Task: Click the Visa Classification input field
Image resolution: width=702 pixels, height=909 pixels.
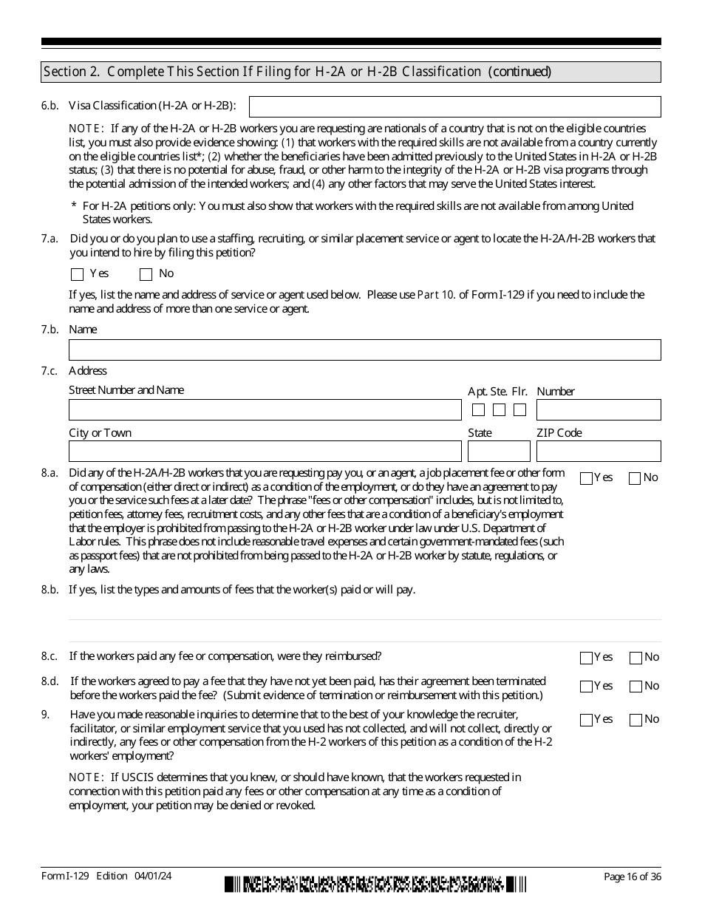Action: [454, 106]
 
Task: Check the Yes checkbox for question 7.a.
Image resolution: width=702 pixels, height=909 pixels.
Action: [78, 274]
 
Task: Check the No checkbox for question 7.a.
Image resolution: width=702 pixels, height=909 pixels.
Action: [146, 274]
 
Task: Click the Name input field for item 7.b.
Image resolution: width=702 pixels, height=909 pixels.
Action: [364, 350]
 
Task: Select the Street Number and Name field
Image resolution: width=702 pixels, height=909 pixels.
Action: [265, 410]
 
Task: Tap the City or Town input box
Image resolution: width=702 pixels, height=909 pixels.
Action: [265, 451]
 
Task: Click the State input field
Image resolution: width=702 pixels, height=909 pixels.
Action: [499, 451]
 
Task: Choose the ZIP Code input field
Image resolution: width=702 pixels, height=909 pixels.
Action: [599, 451]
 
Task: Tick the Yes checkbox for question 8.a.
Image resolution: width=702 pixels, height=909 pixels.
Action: [587, 478]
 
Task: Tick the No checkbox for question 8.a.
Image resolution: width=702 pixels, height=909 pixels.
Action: [635, 478]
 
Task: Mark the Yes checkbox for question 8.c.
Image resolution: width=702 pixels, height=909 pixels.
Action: [587, 658]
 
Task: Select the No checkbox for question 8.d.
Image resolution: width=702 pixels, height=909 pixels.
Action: [635, 687]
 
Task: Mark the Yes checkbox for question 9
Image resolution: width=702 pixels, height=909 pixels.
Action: [587, 720]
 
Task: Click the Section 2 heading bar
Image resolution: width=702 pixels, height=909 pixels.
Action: [351, 72]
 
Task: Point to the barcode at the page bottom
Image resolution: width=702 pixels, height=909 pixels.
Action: [376, 885]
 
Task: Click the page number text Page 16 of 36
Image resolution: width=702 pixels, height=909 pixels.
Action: [632, 876]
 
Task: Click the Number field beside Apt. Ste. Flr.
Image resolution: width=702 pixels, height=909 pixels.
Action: [599, 410]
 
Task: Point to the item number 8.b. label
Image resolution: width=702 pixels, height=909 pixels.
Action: [50, 590]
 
